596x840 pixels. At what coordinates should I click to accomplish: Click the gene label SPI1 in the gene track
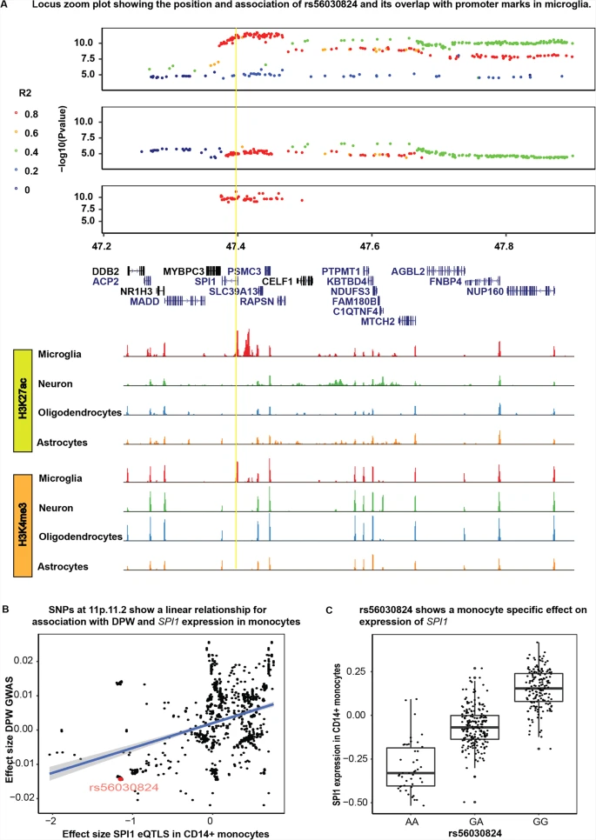(x=204, y=281)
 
